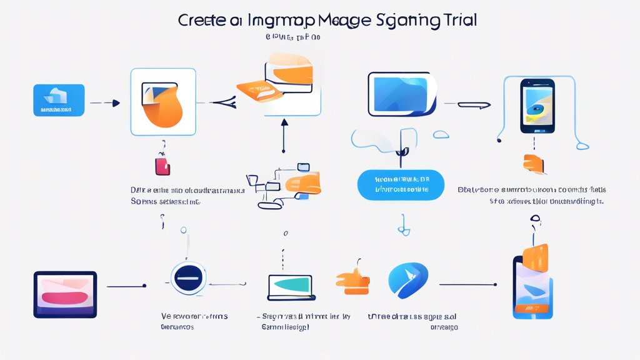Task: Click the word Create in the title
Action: click(202, 20)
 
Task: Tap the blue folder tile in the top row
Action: click(59, 100)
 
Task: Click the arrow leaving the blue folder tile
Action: click(104, 103)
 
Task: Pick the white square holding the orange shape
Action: click(163, 102)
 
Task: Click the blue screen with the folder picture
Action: click(402, 94)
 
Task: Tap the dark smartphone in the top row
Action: click(537, 106)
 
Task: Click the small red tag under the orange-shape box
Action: click(162, 166)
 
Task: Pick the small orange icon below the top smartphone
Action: click(535, 164)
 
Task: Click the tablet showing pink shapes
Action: click(65, 294)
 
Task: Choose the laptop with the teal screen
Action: click(291, 287)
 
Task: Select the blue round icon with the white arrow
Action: click(408, 281)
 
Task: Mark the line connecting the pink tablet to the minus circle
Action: click(126, 286)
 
